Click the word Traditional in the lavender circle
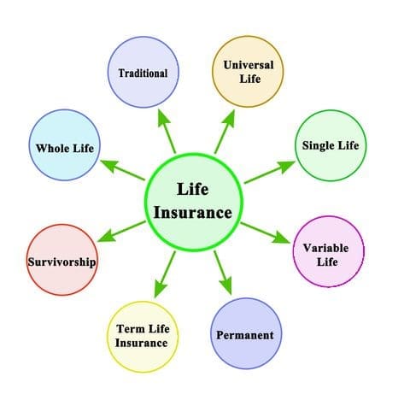tap(143, 74)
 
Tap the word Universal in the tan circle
tap(249, 65)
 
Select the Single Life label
tap(331, 145)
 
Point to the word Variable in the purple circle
tap(325, 248)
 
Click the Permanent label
tap(245, 335)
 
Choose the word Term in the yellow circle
tap(131, 329)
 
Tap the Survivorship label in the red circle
tap(61, 262)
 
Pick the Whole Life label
tap(65, 148)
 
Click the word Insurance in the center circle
tap(193, 213)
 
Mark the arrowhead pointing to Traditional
tap(163, 118)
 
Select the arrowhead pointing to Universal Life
tap(229, 118)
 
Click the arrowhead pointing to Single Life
tap(285, 167)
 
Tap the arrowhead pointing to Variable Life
tap(282, 238)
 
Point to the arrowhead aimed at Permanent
tap(226, 286)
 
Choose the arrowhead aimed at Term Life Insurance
tap(161, 289)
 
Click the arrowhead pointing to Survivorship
tap(107, 236)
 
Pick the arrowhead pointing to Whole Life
tap(109, 166)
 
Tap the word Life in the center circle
tap(193, 189)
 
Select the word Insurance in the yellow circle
tap(141, 343)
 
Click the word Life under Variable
tap(327, 262)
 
